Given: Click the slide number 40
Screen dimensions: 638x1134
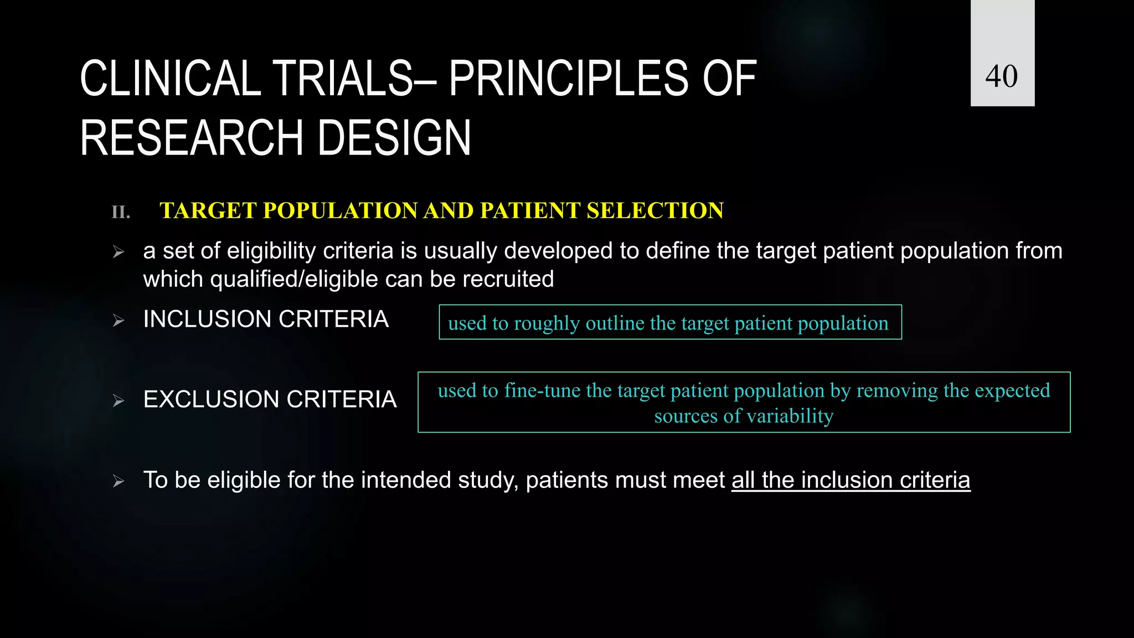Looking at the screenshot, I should click(x=1002, y=76).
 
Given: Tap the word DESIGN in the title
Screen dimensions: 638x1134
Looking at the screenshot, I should click(x=394, y=138).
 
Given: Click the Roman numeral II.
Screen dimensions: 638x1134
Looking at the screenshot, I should click(x=121, y=212).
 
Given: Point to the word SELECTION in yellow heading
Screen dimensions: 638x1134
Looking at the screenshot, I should click(x=654, y=210).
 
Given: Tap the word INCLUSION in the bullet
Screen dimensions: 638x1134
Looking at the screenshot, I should click(x=207, y=320).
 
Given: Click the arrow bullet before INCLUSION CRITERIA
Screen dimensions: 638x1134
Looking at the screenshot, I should click(x=118, y=320).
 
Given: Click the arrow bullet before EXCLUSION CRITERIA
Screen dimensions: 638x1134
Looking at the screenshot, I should click(x=118, y=400).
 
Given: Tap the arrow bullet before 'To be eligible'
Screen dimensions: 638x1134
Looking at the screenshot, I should click(x=118, y=481).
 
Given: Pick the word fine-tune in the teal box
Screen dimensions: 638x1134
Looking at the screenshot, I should click(x=542, y=391).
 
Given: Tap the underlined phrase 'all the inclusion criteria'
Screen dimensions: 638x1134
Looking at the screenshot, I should click(x=850, y=480).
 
